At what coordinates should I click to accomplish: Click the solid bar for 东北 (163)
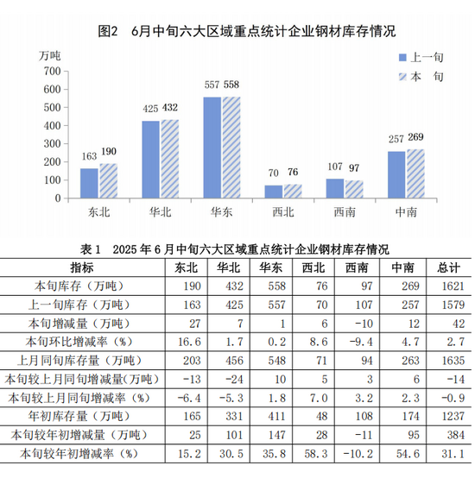tap(89, 183)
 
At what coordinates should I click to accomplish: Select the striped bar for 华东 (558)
tap(231, 148)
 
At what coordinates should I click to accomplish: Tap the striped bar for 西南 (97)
tap(354, 189)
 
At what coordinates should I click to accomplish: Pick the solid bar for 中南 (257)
tap(396, 174)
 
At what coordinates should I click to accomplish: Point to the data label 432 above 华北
tap(169, 108)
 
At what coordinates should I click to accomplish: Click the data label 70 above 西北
tap(274, 173)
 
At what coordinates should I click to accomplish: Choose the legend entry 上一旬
tap(421, 57)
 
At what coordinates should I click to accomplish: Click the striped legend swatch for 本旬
tap(402, 77)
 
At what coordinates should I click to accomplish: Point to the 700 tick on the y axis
tap(52, 72)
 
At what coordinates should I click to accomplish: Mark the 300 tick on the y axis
tap(52, 143)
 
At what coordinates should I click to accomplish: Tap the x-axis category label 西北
tap(283, 212)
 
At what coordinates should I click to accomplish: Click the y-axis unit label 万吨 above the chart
tap(50, 56)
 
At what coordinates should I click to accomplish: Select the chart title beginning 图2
tap(247, 31)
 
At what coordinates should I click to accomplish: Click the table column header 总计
tap(448, 268)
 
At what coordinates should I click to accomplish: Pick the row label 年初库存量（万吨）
tap(79, 417)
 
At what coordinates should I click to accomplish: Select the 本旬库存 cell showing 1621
tap(453, 286)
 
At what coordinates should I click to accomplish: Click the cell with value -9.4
tap(361, 342)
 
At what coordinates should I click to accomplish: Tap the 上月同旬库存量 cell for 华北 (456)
tap(234, 361)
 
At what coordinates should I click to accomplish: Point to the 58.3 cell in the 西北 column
tap(316, 454)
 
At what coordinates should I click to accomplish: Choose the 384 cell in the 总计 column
tap(456, 435)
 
